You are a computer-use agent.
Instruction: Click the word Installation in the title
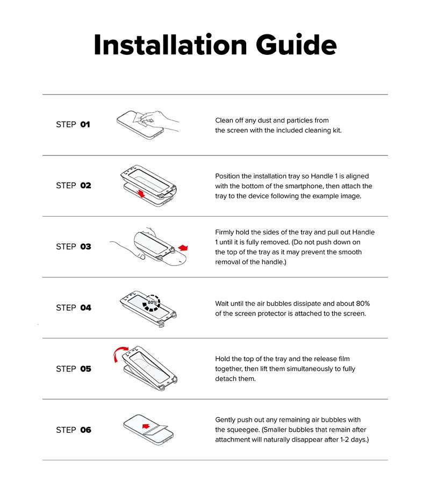pos(170,45)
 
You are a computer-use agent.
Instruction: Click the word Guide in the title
pos(296,45)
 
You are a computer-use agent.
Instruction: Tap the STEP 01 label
pos(73,124)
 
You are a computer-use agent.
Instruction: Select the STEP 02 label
pos(74,185)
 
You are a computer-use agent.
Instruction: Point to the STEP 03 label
pos(74,246)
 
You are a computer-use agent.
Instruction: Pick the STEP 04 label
pos(74,308)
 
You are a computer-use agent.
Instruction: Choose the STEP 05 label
pos(74,369)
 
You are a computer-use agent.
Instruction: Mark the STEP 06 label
pos(74,430)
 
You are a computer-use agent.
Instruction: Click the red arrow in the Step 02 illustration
pos(140,192)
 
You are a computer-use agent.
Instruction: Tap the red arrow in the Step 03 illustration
pos(183,248)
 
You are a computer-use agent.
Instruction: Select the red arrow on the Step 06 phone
pos(146,426)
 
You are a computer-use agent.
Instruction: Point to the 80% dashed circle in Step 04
pos(152,303)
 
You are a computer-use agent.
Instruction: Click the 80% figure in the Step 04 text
pos(363,304)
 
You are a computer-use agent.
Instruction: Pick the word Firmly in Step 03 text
pos(224,232)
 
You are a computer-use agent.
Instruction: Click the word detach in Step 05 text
pos(226,379)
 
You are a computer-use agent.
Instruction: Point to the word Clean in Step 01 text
pos(224,120)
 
